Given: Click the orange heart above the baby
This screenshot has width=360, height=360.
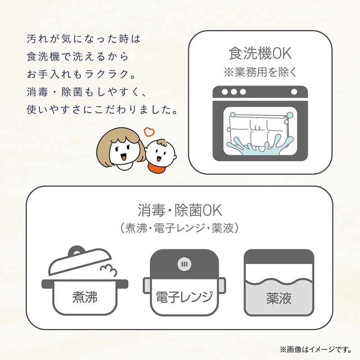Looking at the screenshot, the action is point(149,132).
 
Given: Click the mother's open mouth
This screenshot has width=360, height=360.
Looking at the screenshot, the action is point(123,157).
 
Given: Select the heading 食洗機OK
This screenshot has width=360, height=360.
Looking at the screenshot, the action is point(260,53).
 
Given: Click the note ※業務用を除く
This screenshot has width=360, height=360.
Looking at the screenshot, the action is point(260,72).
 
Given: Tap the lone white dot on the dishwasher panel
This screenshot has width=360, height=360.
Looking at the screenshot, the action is point(294,92).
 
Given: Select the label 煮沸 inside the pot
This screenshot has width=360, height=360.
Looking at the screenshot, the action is point(85,297).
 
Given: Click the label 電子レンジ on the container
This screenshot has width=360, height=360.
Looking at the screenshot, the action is point(184,297).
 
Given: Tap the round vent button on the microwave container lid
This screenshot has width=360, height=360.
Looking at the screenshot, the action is point(184,264).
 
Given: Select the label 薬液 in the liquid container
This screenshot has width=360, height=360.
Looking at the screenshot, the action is point(279,298).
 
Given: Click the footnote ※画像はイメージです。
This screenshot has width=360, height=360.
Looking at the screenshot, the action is point(316,350).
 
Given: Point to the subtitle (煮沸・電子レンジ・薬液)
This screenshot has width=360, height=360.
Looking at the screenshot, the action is point(180,228).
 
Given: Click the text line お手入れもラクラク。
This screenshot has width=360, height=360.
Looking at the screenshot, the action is point(81,74).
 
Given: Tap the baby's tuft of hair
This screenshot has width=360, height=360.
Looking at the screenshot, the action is point(162,143).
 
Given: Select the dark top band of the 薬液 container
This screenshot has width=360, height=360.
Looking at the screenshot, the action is point(279,256).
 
